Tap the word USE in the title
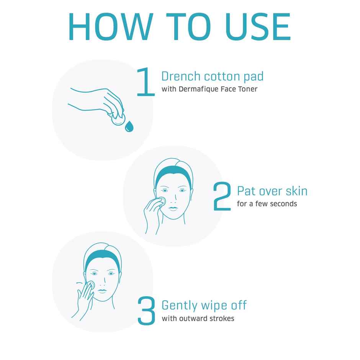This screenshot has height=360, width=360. pos(258,27)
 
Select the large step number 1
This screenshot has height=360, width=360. pos(145,82)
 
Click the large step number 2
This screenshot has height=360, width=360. pos(222,196)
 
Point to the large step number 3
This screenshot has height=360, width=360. pos(146,311)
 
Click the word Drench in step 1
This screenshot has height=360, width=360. pos(181,76)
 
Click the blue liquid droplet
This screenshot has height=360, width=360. pos(129,126)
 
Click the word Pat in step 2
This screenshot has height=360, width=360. pos(246,191)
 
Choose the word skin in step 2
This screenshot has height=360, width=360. pos(297,191)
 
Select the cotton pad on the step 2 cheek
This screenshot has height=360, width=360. pos(161,201)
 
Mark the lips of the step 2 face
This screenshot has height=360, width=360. pos(173,208)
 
